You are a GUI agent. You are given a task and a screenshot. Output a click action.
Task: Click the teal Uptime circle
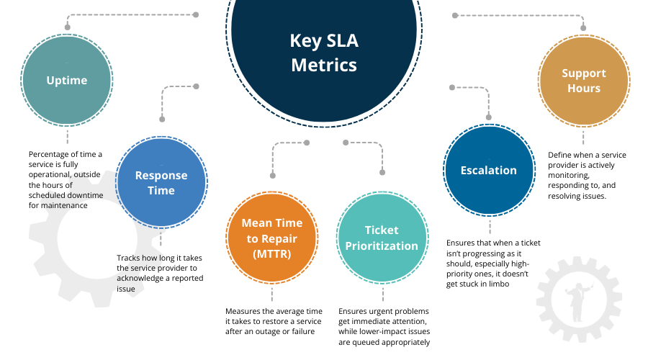[x=67, y=80]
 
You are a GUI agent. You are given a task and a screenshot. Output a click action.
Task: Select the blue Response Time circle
[x=161, y=183]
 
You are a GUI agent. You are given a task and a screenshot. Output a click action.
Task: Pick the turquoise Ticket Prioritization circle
[x=382, y=238]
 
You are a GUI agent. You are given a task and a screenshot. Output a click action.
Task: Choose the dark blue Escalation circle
[x=489, y=171]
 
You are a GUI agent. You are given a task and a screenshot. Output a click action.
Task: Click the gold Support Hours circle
[x=584, y=81]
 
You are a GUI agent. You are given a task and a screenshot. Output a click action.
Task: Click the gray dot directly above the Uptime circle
[x=67, y=27]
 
